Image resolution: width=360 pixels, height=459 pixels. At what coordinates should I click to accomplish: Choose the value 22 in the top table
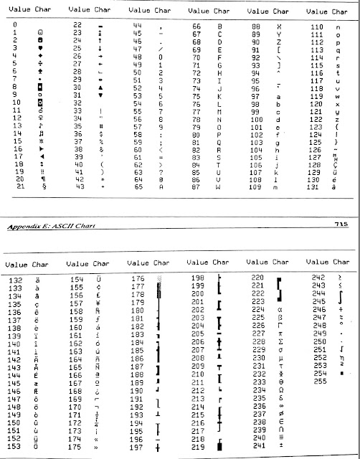[x=80, y=24]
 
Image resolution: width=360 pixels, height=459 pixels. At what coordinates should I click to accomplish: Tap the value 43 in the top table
[x=80, y=186]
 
